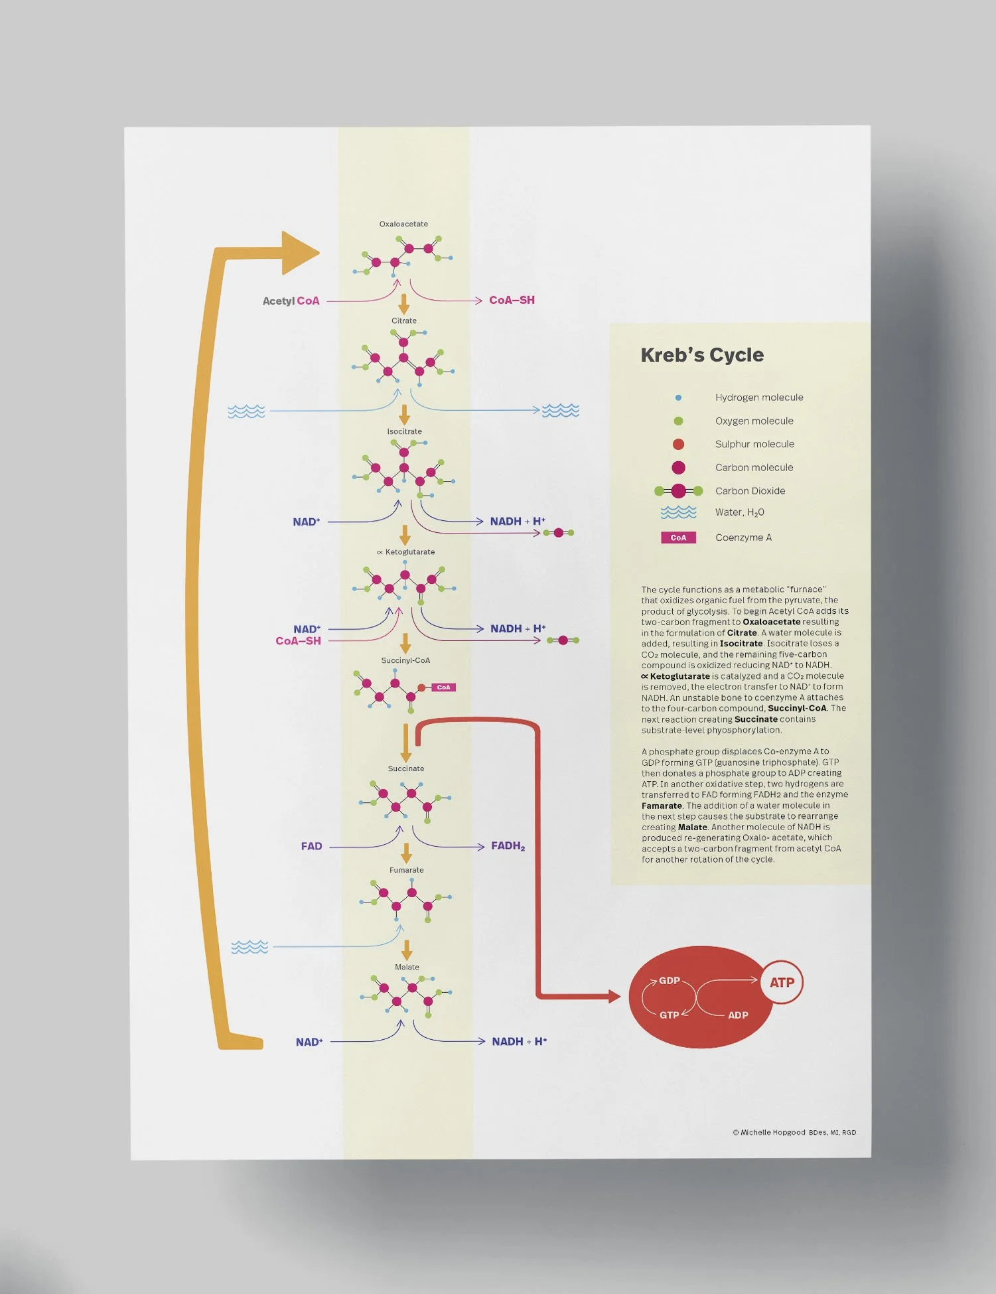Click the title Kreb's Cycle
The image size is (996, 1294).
coord(701,355)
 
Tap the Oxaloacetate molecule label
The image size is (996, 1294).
coord(403,224)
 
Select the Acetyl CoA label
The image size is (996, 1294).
coord(291,301)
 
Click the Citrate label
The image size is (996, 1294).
coord(404,321)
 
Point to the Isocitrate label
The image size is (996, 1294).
coord(405,432)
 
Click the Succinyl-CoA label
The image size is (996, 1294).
coord(405,661)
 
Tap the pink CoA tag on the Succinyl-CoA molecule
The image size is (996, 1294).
coord(443,687)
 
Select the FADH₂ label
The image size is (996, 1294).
coord(508,846)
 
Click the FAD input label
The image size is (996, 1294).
coord(311,847)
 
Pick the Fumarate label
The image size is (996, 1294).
coord(407,871)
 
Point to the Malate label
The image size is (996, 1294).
coord(407,968)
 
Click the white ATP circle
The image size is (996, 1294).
coord(782,983)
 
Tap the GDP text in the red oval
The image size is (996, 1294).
coord(669,981)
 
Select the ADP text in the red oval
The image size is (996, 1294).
coord(738,1015)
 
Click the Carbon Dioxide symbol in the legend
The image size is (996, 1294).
coord(678,491)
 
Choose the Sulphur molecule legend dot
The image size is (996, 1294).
coord(678,445)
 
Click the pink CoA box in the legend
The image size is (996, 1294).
coord(678,538)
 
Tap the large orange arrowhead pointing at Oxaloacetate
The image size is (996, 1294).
coord(299,253)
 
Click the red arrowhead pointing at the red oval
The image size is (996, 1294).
coord(614,996)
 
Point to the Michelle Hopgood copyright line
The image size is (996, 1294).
coord(794,1133)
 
